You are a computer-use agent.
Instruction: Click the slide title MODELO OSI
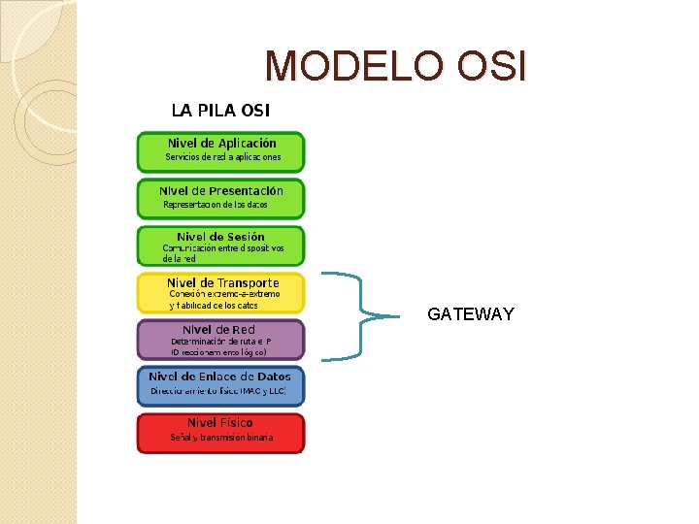click(x=396, y=66)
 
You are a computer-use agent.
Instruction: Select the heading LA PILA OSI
click(x=220, y=110)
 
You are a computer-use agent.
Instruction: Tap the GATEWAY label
click(x=471, y=314)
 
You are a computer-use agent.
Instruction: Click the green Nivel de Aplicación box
click(x=220, y=151)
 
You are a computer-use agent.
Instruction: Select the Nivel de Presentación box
click(x=220, y=198)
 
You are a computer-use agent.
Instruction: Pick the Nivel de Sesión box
click(x=220, y=246)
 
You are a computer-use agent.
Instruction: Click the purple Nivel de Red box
click(x=220, y=340)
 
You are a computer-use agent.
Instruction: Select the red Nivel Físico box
click(x=220, y=433)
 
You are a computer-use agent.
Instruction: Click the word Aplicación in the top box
click(x=247, y=144)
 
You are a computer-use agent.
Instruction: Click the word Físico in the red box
click(x=236, y=423)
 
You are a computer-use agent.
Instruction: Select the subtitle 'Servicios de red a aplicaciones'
click(x=222, y=157)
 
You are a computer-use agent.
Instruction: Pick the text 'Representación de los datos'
click(x=215, y=205)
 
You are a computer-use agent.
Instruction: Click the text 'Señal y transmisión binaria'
click(x=221, y=439)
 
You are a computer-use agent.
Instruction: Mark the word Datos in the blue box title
click(x=273, y=377)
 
